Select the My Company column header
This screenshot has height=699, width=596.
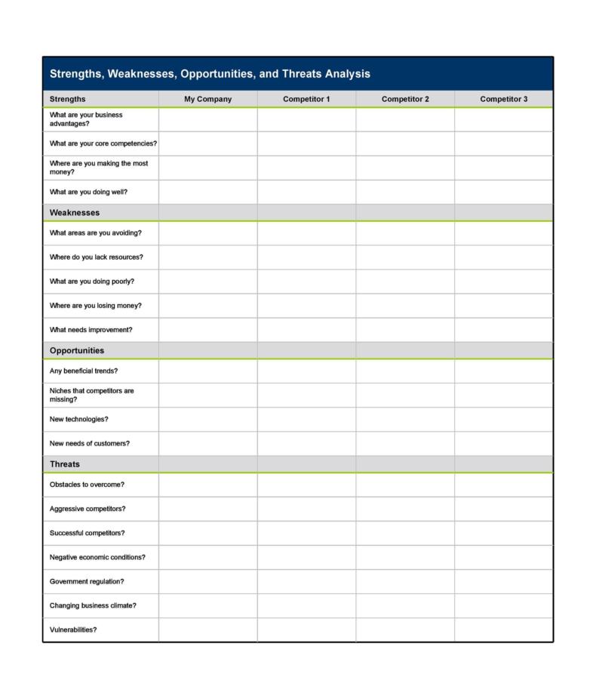click(x=207, y=99)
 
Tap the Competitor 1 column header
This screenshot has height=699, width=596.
click(x=306, y=99)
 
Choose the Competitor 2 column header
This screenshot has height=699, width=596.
click(x=405, y=99)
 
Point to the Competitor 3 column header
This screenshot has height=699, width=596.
click(x=504, y=99)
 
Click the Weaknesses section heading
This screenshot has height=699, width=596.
click(x=75, y=213)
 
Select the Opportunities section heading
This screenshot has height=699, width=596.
click(x=77, y=350)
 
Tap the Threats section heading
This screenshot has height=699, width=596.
click(x=65, y=464)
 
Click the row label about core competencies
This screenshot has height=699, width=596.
click(x=103, y=143)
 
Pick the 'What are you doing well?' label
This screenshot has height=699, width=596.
click(x=88, y=192)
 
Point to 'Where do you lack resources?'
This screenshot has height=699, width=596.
click(x=96, y=257)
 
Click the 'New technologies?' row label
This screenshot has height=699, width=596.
click(x=78, y=419)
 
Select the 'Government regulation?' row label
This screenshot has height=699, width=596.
click(x=87, y=581)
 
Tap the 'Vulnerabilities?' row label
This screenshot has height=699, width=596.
click(x=73, y=630)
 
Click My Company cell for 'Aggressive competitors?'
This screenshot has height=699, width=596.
click(x=207, y=509)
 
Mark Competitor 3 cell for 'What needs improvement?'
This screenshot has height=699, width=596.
click(x=504, y=330)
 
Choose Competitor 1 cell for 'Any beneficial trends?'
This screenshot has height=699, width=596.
click(x=306, y=371)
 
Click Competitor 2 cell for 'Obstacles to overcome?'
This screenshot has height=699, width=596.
click(x=405, y=485)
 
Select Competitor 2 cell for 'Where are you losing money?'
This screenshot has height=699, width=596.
click(x=405, y=306)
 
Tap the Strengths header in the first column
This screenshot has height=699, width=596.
click(x=68, y=99)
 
